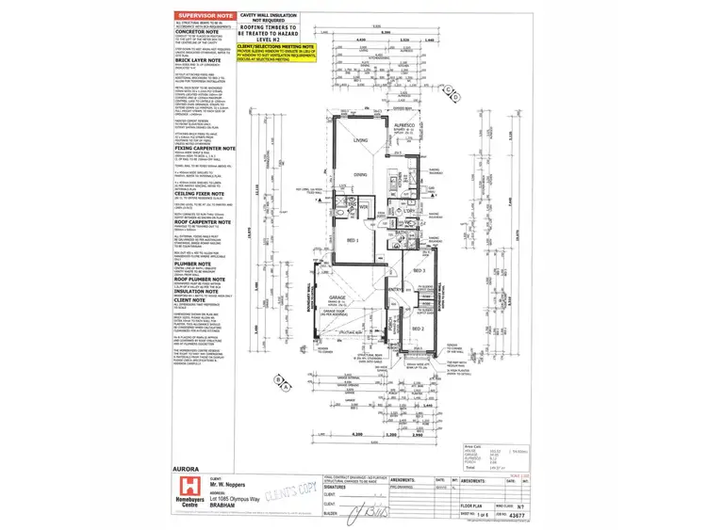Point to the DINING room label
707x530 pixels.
click(359, 175)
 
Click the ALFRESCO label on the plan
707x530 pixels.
click(406, 123)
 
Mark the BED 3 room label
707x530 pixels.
click(419, 270)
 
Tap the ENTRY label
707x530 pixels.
click(393, 291)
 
